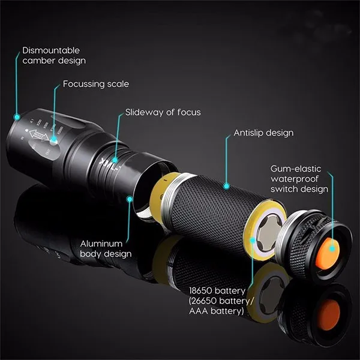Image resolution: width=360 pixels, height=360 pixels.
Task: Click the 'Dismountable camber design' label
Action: click(x=54, y=55)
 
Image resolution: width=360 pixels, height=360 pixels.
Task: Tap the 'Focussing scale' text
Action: click(x=96, y=84)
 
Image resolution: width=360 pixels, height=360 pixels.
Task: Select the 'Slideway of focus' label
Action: click(x=163, y=112)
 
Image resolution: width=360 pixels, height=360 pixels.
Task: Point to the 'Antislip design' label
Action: click(x=263, y=133)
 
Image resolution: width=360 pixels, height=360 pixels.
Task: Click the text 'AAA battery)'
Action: click(x=215, y=311)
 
